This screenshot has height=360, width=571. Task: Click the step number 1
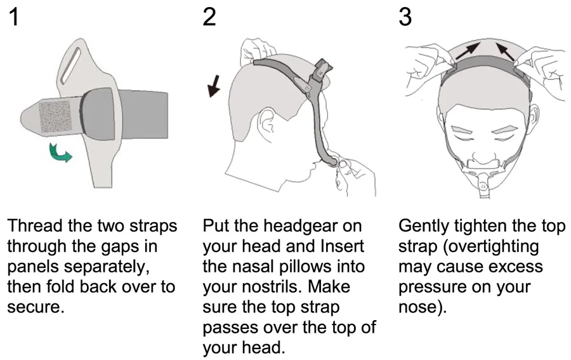(14, 17)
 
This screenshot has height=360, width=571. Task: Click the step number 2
(209, 17)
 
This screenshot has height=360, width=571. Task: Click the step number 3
(405, 17)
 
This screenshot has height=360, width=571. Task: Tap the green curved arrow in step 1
(62, 152)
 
